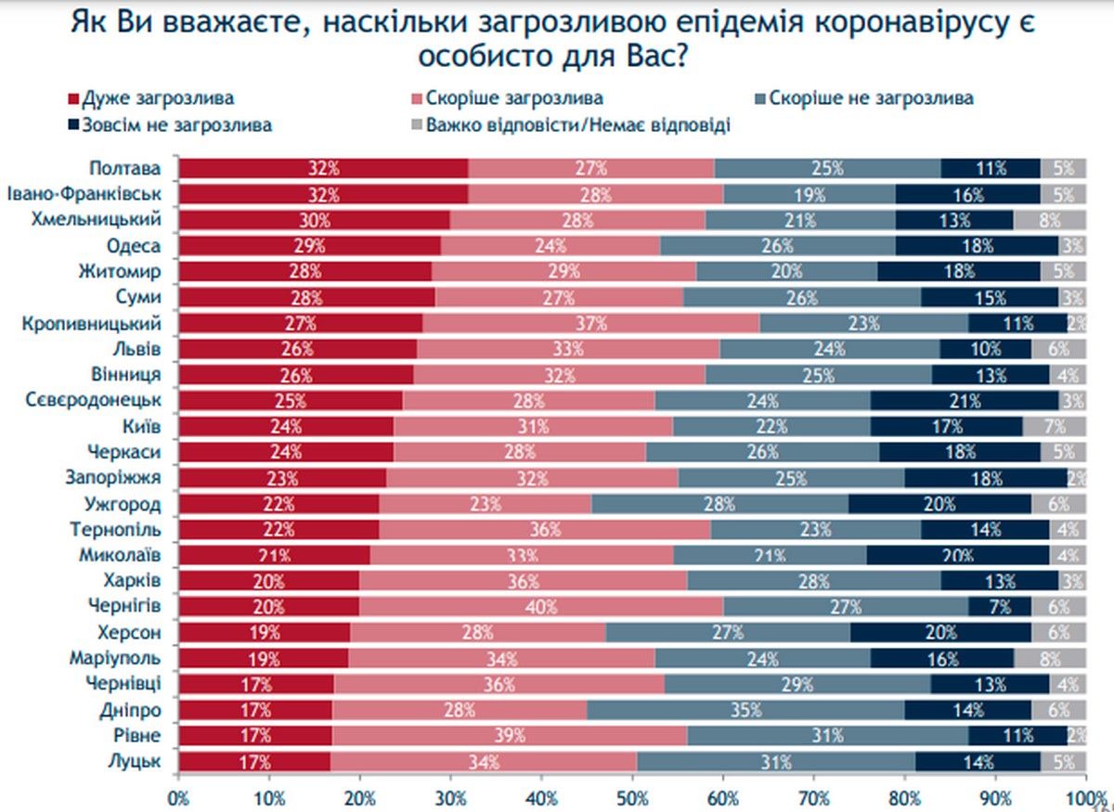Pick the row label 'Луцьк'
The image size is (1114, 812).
point(137,762)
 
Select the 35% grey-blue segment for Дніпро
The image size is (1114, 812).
point(747,710)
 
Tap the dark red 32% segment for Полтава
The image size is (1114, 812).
point(323,168)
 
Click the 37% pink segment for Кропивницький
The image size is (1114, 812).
point(590,324)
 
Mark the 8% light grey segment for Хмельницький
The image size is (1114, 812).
point(1049,220)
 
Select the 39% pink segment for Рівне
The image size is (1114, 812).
point(509,736)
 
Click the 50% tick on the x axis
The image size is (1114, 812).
point(632,796)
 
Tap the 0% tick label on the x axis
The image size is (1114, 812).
point(178,796)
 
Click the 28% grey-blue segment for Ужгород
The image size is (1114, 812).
point(719,506)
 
